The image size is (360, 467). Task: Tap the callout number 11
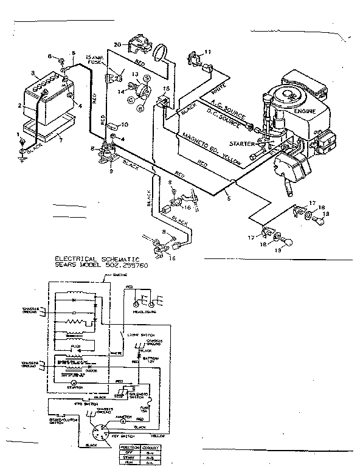(208, 52)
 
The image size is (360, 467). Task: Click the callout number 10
(125, 125)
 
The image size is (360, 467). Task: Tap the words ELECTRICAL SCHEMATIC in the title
(93, 258)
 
